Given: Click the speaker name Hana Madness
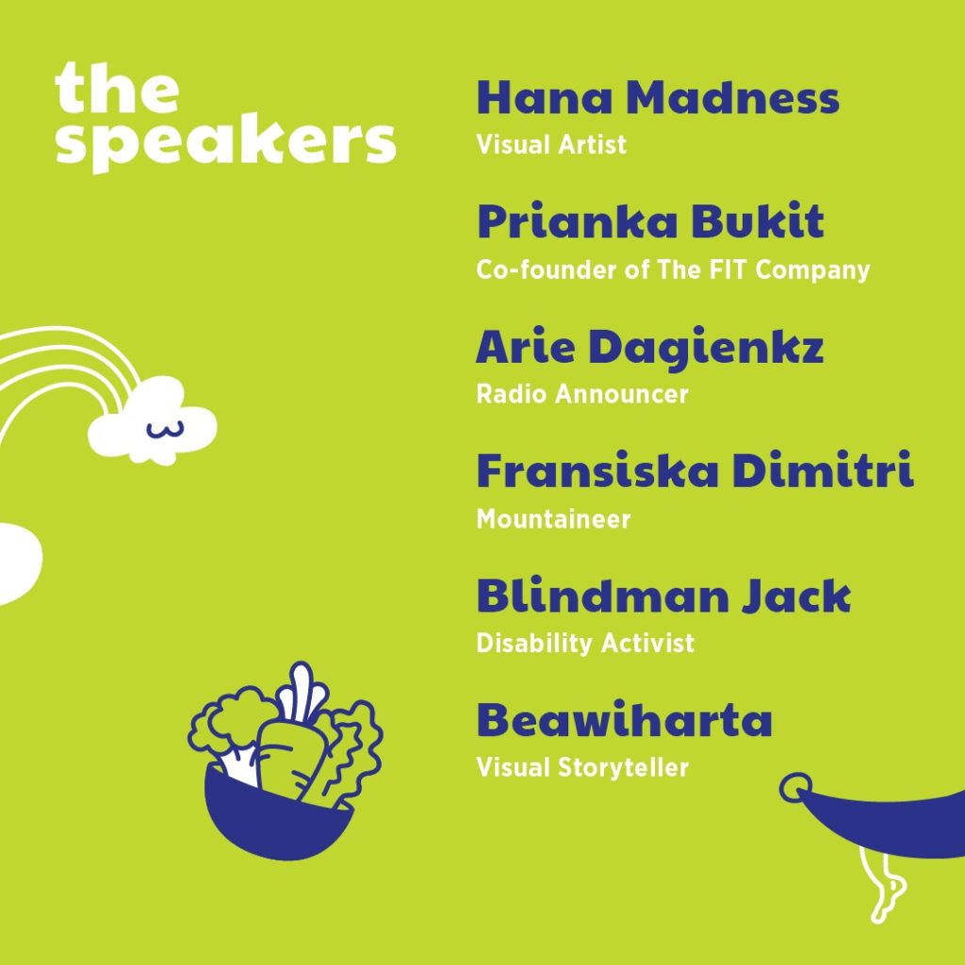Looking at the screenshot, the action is (658, 98).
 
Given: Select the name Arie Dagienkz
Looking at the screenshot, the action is (649, 348).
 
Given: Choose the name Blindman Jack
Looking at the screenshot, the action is (663, 596).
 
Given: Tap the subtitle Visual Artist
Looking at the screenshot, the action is (550, 144).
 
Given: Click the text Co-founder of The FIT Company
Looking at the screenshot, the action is (673, 270).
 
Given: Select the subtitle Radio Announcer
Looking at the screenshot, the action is (582, 394).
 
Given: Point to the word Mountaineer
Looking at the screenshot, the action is (553, 519).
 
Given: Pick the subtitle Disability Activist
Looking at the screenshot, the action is (585, 643).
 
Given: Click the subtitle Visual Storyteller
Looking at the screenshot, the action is (582, 767).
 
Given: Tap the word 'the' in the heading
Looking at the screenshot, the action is (117, 88).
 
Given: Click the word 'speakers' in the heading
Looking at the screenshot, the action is (225, 141).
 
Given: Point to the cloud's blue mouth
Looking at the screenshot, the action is (165, 430).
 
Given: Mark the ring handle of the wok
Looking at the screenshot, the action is (795, 787).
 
